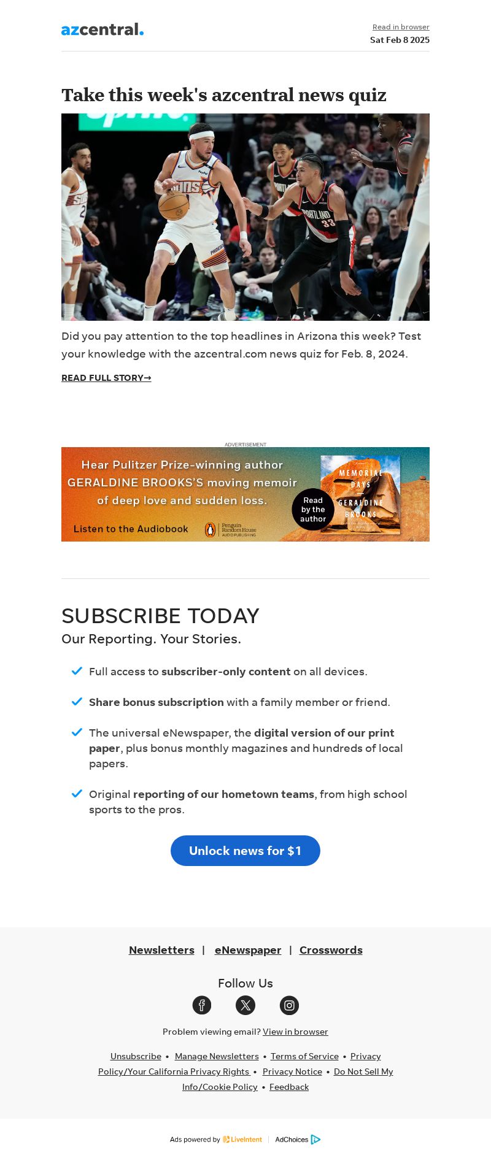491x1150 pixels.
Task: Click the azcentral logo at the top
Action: [102, 29]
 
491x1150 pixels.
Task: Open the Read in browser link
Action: [401, 27]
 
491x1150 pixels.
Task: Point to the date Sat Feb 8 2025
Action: [400, 40]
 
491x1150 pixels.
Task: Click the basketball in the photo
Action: [174, 205]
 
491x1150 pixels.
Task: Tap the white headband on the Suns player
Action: [201, 136]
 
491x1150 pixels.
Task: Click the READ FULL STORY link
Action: [106, 378]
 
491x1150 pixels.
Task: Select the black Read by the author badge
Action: [313, 510]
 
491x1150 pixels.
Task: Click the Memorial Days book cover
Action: [360, 494]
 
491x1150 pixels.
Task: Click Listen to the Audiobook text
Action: [131, 529]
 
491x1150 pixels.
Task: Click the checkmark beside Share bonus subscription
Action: [77, 701]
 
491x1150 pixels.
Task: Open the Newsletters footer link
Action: [161, 950]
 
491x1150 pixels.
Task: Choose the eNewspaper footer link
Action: [248, 950]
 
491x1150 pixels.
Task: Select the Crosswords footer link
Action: [331, 950]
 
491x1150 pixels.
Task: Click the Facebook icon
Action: [202, 1005]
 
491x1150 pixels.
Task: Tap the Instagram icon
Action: [289, 1005]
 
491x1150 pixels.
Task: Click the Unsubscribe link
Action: [136, 1056]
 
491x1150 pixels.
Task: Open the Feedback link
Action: [289, 1087]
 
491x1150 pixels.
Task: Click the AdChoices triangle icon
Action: [315, 1140]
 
